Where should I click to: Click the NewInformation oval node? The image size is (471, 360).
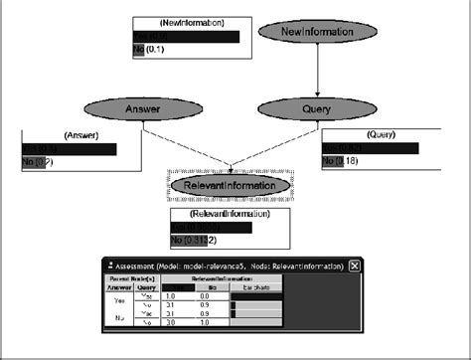(x=317, y=32)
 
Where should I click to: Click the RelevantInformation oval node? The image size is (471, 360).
(x=231, y=185)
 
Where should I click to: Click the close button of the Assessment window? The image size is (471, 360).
(x=355, y=267)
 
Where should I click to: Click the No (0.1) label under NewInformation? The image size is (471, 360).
(x=149, y=50)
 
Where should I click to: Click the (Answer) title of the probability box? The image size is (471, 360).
(x=81, y=135)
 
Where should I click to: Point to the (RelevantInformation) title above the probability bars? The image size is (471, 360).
(x=230, y=213)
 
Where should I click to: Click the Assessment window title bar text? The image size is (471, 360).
(x=229, y=267)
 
